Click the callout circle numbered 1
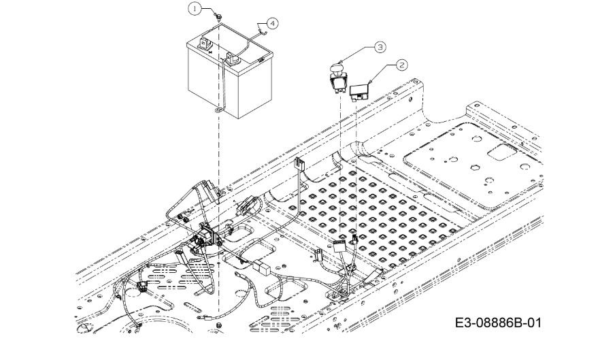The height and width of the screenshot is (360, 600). click(x=195, y=8)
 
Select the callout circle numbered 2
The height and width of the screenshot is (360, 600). click(x=401, y=65)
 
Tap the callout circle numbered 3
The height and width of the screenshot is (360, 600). click(x=380, y=47)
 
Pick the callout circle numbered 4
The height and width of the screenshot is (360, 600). click(x=272, y=23)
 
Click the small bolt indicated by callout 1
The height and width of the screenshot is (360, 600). click(x=219, y=17)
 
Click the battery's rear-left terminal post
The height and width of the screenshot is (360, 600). click(x=203, y=44)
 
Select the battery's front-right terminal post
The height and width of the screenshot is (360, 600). click(x=232, y=59)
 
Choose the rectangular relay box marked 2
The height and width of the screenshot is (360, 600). click(x=359, y=92)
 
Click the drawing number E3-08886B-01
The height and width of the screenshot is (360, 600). click(x=498, y=323)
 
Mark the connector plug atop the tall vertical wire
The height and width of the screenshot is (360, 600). click(x=299, y=165)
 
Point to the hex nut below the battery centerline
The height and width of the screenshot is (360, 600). click(x=219, y=325)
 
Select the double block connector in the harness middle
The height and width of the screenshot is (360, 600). click(x=262, y=267)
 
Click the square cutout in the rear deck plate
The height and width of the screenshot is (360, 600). click(x=502, y=152)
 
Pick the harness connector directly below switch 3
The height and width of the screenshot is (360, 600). click(x=339, y=246)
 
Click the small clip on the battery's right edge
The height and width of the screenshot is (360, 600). click(x=261, y=60)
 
